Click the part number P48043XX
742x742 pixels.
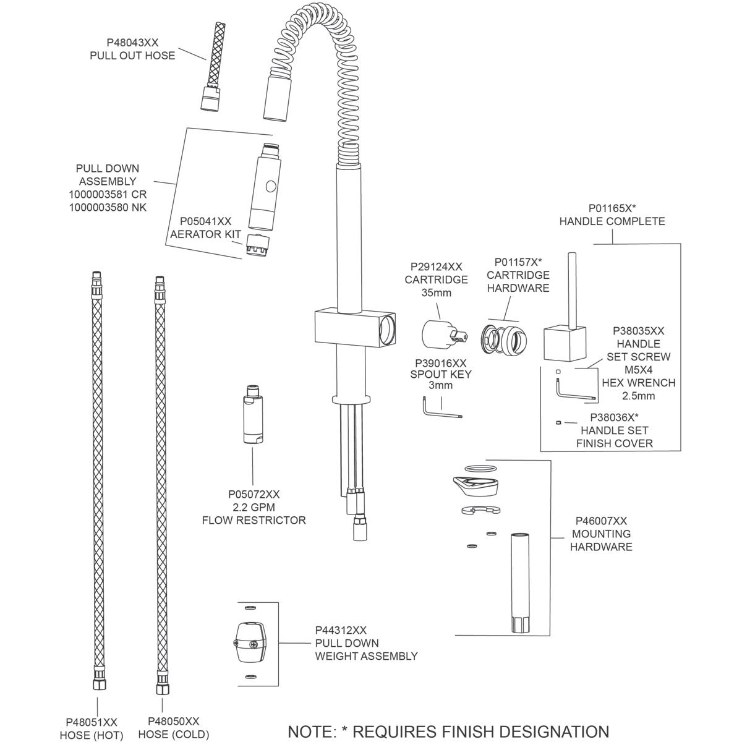click(132, 43)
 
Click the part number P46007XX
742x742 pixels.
click(601, 521)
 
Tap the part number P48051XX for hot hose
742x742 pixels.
click(92, 722)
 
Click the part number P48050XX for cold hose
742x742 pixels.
click(174, 721)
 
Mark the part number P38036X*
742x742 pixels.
click(614, 417)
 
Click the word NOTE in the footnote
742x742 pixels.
click(310, 731)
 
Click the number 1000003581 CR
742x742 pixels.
click(108, 194)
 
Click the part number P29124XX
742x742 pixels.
click(437, 267)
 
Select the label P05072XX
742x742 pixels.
click(254, 494)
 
